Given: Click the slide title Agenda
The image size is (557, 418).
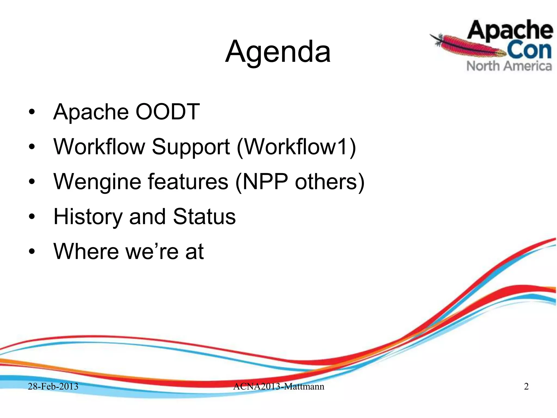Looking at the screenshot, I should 278,52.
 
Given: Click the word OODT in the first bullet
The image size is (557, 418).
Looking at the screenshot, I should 168,112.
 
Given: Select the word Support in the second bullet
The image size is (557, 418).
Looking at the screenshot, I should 191,147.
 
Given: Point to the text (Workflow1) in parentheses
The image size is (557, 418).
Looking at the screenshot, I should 296,147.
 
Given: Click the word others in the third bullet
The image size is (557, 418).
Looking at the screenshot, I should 329,182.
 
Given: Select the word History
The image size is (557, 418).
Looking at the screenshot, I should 88,217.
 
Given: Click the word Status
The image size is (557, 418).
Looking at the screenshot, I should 204,217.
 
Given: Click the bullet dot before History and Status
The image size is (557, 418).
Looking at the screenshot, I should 32,217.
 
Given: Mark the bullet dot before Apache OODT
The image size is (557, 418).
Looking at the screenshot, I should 32,112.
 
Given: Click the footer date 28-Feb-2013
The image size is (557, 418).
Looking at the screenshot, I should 53,386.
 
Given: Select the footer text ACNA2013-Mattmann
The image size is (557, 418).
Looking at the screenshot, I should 278,386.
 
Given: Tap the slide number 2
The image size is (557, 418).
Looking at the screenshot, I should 526,386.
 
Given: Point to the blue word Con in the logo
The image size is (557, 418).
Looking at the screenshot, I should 529,50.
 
